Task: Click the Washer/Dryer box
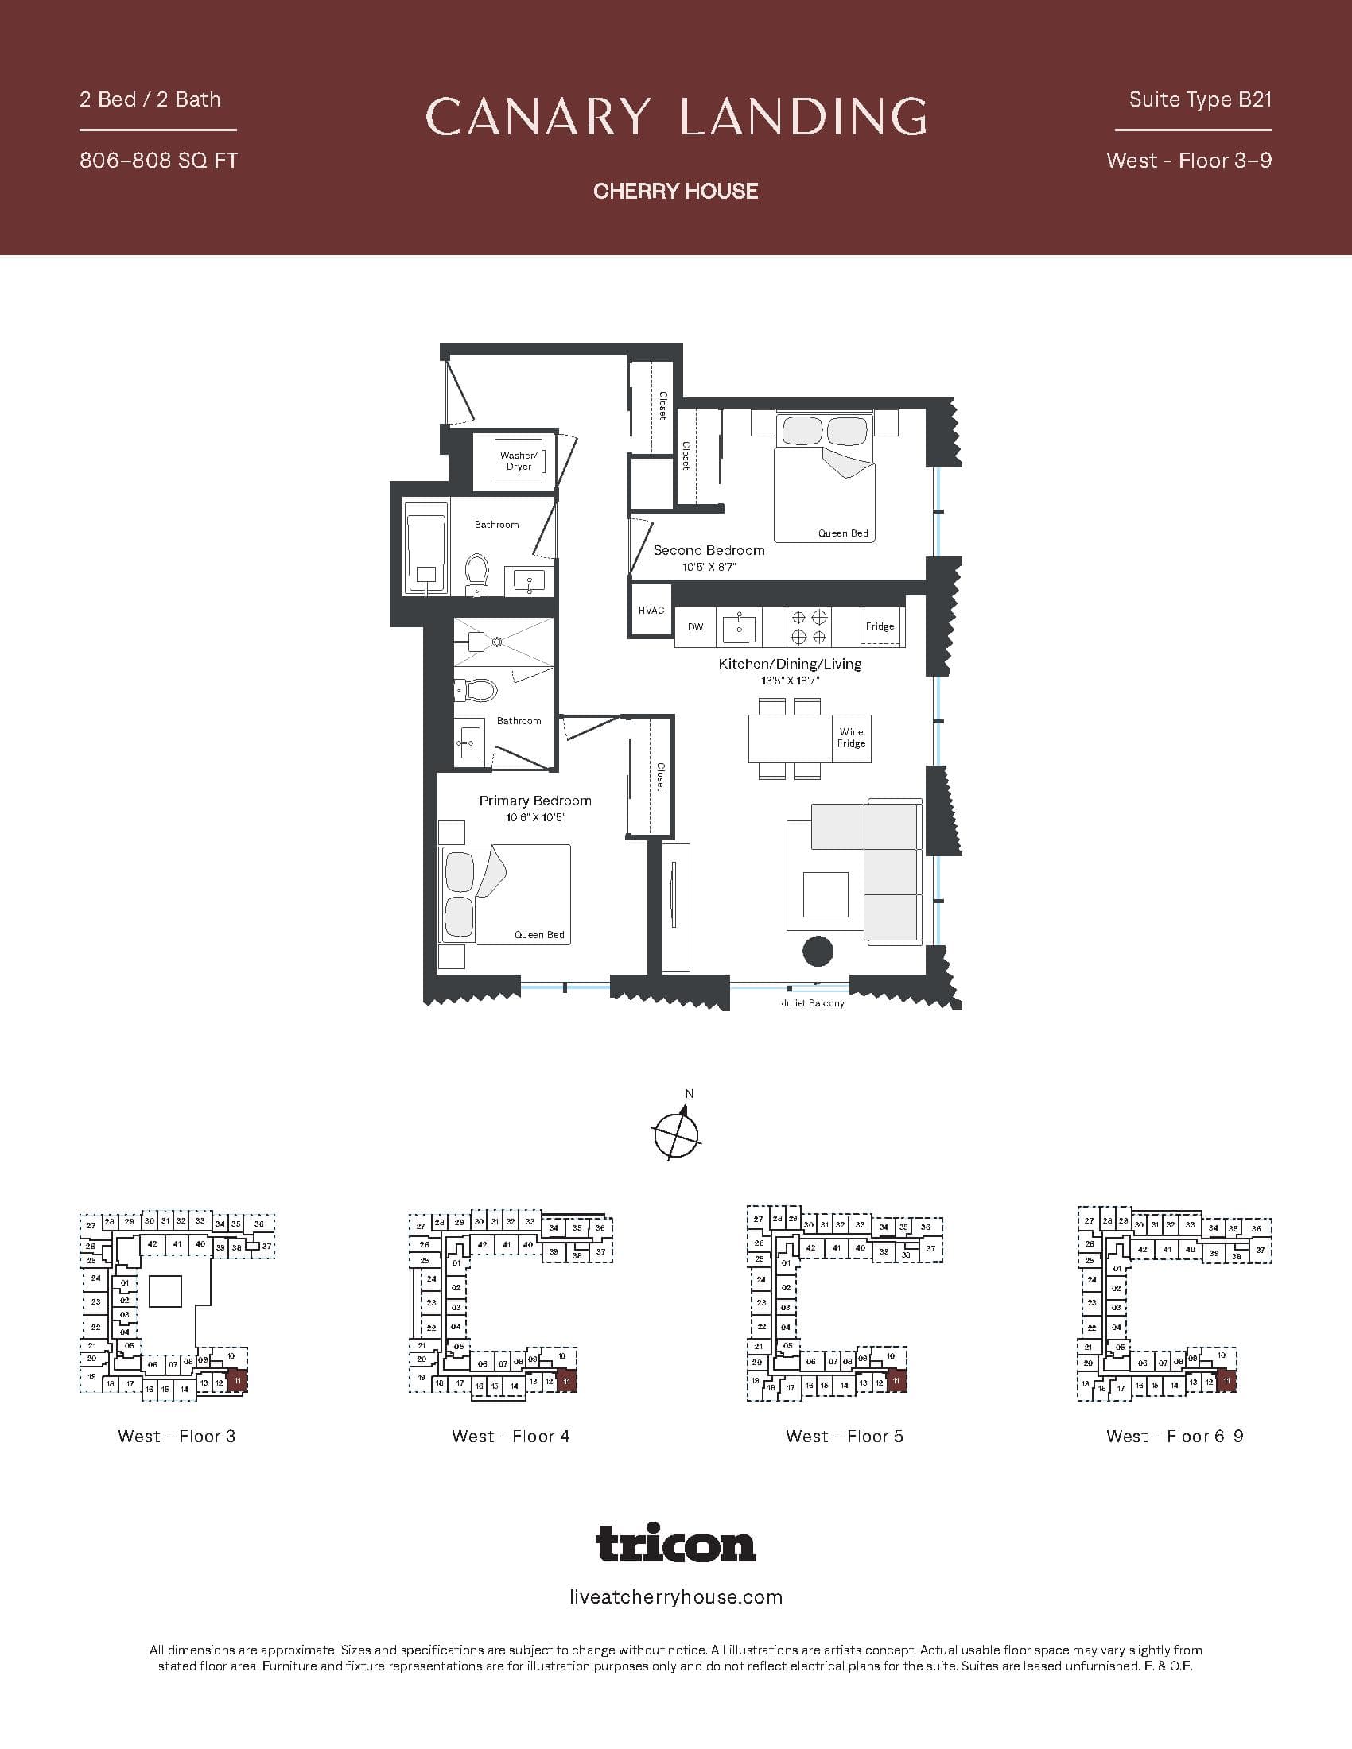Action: click(519, 461)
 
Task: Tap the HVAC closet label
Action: click(651, 611)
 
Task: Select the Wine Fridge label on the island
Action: click(851, 738)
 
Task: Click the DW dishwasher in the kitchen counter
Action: click(695, 627)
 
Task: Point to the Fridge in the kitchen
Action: click(880, 626)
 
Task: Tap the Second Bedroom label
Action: click(709, 550)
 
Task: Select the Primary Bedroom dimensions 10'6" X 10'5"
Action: click(535, 817)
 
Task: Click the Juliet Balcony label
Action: click(812, 1003)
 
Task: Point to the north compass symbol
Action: click(677, 1132)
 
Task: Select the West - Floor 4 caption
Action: click(511, 1436)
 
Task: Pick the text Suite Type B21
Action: click(1200, 99)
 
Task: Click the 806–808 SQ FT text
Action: click(158, 160)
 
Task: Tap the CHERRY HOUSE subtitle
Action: click(676, 191)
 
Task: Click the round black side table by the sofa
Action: click(818, 952)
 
